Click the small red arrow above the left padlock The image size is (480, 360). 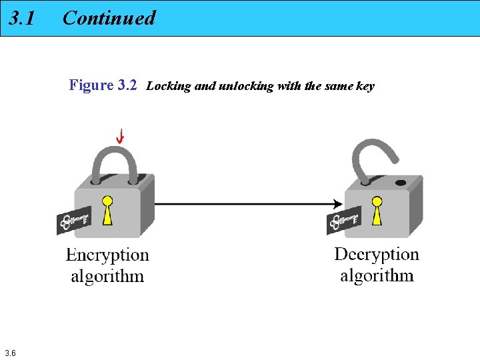coord(120,137)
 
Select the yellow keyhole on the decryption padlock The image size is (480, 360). coord(377,209)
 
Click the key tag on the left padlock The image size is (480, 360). coord(73,221)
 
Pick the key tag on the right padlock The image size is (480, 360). coord(343,219)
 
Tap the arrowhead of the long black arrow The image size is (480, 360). coord(337,203)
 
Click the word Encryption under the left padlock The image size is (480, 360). coord(107,255)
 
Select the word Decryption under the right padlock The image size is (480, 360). coord(377,255)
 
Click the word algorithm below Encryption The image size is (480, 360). coord(107,276)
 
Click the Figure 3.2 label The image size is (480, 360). coord(103,85)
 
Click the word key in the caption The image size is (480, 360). coord(365,86)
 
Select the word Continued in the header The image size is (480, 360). coord(109,18)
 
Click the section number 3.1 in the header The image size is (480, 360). coord(22,18)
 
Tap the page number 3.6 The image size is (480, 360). coord(10,353)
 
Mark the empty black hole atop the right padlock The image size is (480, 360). coord(401,182)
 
